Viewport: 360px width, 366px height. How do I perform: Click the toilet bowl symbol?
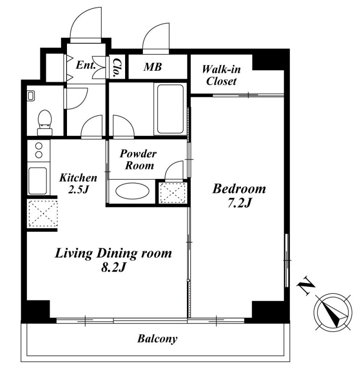(45, 122)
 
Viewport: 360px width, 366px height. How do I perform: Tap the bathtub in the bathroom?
(170, 109)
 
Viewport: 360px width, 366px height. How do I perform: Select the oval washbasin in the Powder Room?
(133, 191)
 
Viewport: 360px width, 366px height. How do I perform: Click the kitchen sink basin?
(38, 181)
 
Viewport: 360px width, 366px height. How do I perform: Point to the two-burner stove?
(39, 150)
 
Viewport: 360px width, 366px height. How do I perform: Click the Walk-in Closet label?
(221, 75)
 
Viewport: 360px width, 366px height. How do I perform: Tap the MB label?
(153, 67)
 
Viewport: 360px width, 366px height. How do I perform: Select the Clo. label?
(117, 68)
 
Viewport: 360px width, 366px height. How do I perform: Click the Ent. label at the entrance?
(86, 65)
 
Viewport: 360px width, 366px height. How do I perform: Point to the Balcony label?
(157, 339)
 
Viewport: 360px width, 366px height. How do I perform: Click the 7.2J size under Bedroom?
(239, 203)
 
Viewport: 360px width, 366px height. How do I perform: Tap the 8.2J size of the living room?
(113, 268)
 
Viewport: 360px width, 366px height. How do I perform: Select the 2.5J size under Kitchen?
(78, 190)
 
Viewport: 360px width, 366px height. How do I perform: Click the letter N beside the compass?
(306, 286)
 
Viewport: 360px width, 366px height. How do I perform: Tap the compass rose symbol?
(333, 312)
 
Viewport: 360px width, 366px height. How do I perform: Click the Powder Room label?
(138, 159)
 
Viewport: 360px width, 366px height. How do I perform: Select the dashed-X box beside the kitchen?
(43, 213)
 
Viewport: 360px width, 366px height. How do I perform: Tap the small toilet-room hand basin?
(31, 96)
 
